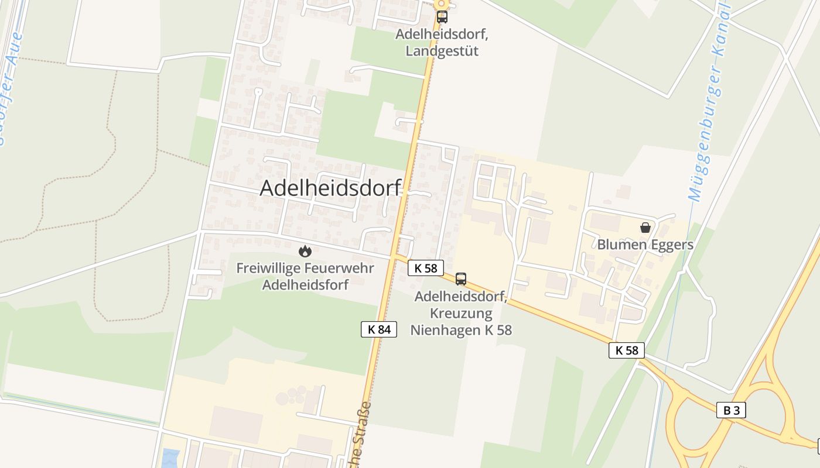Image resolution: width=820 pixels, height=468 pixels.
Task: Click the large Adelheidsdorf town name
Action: (x=330, y=188)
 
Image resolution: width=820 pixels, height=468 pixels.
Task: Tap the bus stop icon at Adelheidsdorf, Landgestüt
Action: (x=442, y=17)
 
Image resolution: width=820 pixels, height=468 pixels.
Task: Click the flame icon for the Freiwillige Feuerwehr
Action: (x=305, y=251)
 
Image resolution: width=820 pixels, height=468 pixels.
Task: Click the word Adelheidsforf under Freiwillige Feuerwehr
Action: (x=305, y=285)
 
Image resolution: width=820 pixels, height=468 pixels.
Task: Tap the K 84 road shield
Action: (x=378, y=329)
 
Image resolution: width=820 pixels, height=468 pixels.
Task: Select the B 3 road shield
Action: (x=731, y=410)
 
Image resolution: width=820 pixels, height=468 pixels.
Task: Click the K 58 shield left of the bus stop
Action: (x=425, y=268)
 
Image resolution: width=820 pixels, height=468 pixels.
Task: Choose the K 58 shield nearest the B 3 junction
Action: (x=627, y=350)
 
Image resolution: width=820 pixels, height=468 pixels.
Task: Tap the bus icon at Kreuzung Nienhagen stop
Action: (x=461, y=279)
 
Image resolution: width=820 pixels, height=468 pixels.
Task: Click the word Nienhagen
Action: (x=445, y=330)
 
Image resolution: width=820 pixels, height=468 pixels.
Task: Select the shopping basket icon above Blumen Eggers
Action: (x=645, y=228)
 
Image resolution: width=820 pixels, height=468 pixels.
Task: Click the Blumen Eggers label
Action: (x=645, y=245)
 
